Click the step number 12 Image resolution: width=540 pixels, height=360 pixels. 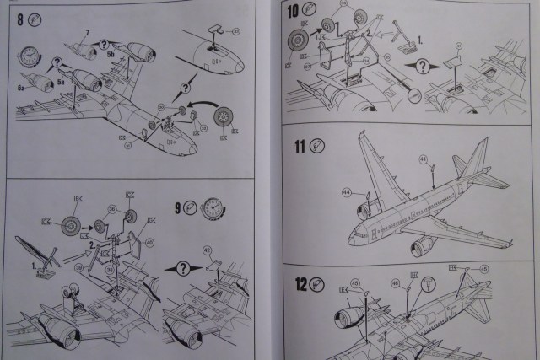tap(300, 284)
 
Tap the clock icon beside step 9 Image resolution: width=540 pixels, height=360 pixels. tap(213, 207)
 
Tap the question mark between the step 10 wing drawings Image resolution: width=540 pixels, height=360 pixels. tap(422, 66)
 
